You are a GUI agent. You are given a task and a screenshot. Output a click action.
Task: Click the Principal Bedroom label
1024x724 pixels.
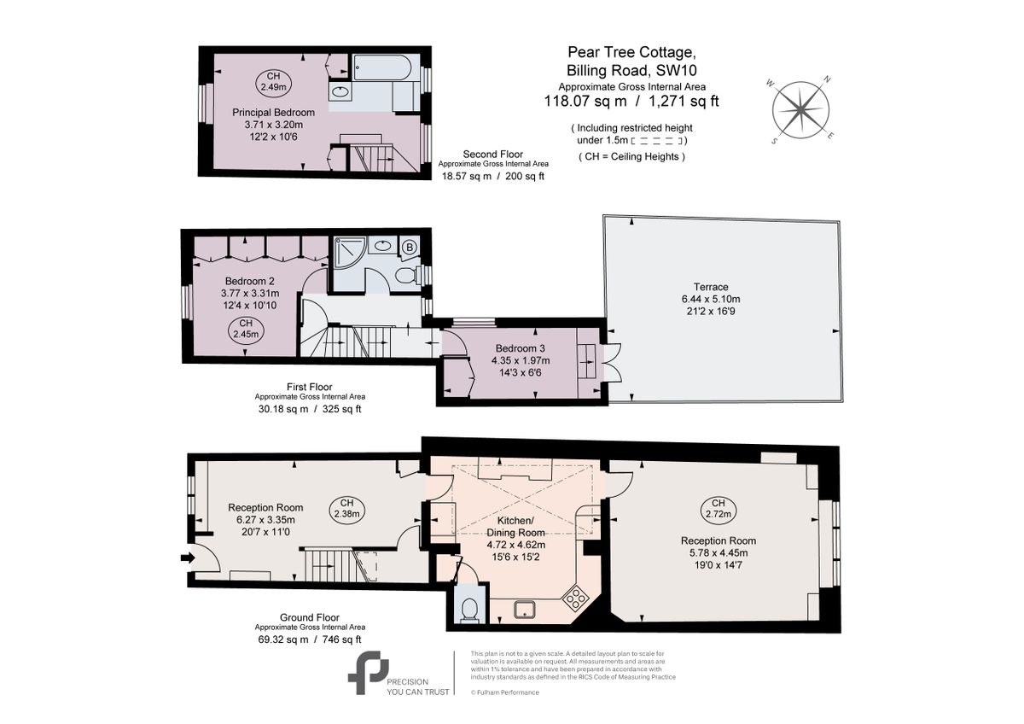[273, 113]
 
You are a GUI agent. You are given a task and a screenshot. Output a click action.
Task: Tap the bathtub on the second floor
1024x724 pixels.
[382, 67]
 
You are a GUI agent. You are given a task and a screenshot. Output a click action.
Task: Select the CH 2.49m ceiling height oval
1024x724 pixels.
[273, 82]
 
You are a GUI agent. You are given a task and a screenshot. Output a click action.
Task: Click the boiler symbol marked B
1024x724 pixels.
[409, 248]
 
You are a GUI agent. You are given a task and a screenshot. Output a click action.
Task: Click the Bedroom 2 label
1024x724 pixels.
[249, 281]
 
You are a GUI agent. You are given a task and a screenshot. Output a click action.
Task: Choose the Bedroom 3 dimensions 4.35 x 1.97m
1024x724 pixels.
[521, 360]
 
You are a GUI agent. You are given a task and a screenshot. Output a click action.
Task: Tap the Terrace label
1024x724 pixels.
[710, 287]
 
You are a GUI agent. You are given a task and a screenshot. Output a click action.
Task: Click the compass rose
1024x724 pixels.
[800, 110]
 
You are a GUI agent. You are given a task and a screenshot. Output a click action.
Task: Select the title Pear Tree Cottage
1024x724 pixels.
[631, 52]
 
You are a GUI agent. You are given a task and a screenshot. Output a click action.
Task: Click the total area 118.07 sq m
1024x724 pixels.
[585, 101]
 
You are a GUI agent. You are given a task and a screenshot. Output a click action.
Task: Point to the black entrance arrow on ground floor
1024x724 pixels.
[188, 558]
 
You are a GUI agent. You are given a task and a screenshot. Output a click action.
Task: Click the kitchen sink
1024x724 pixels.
[524, 610]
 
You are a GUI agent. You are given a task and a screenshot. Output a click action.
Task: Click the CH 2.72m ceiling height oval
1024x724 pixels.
[719, 509]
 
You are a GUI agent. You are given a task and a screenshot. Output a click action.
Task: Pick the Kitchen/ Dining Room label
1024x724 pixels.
[515, 527]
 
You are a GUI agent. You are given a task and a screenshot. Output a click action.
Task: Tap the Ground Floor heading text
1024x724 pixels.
[310, 617]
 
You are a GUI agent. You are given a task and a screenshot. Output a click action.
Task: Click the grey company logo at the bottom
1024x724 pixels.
[369, 673]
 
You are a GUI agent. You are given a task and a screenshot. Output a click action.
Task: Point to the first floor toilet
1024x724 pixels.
[407, 275]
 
